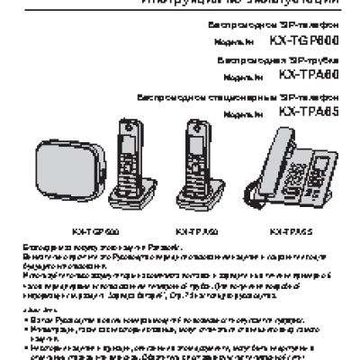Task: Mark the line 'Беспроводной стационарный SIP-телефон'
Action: [x=239, y=96]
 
